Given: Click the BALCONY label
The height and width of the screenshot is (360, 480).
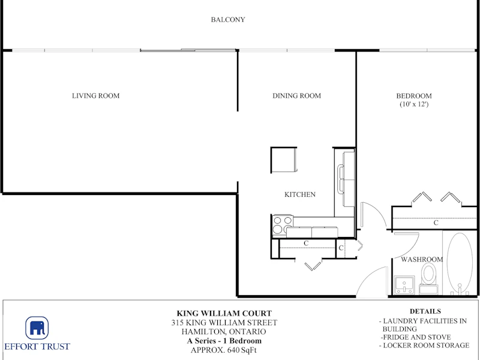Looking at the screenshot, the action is (228, 20).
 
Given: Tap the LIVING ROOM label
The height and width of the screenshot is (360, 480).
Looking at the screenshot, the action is (96, 96).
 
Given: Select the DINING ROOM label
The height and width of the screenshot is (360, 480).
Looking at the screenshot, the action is (296, 96).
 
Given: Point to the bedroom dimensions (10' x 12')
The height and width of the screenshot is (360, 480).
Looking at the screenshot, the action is (414, 104).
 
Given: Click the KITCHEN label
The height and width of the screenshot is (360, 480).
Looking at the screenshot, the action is (300, 194).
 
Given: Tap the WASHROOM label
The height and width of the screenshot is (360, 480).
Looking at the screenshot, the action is (422, 260).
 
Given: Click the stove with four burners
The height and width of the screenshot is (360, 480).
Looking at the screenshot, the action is (283, 225).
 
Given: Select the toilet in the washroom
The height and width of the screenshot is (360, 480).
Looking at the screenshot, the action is (428, 278).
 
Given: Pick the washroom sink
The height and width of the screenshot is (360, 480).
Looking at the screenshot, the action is (404, 285).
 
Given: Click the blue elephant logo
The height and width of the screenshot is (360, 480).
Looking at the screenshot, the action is (37, 328).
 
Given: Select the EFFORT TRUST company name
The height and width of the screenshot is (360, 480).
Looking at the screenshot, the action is (37, 347).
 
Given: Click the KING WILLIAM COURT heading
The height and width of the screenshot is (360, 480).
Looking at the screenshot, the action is (224, 313).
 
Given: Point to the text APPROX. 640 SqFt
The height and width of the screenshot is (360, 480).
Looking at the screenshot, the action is (223, 350).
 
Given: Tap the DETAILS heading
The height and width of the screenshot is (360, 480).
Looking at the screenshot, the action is (425, 311).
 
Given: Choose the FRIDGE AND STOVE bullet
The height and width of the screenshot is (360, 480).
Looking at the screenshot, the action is (416, 337).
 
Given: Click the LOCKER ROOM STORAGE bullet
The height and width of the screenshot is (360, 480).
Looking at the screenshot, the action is (424, 346).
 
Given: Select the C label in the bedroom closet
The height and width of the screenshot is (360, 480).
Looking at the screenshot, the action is (436, 223).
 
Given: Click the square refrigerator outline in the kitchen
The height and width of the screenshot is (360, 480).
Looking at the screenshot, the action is (284, 160).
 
